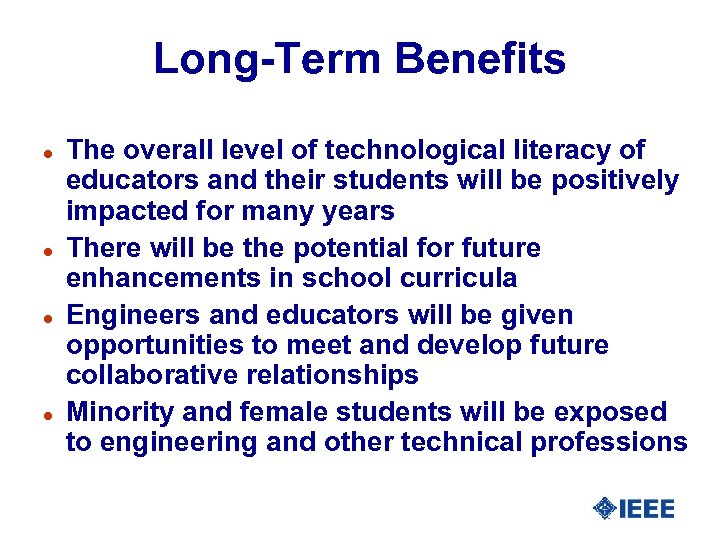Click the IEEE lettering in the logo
[647, 509]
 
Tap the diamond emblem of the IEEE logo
[604, 509]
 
